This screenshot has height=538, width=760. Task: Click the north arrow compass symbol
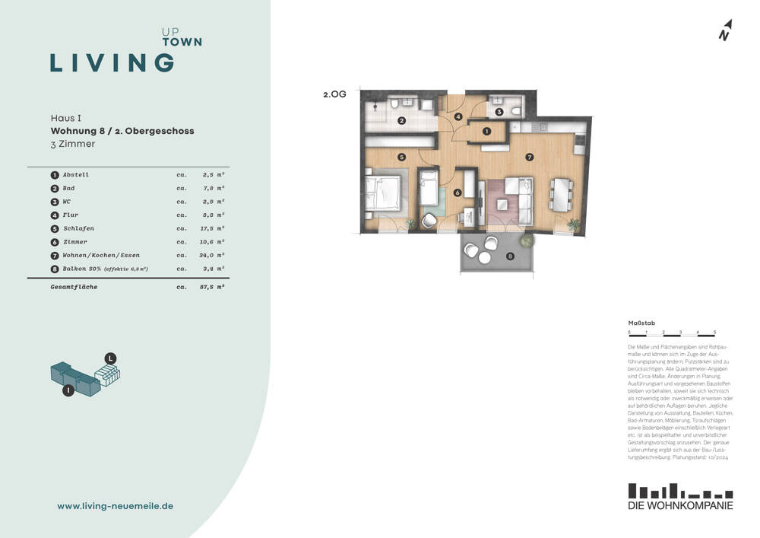tap(725, 30)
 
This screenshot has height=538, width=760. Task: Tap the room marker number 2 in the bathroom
tap(402, 120)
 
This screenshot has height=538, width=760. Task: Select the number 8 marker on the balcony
tap(510, 256)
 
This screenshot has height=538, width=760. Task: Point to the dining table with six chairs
tap(562, 196)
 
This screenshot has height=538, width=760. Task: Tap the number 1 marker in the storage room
tap(486, 132)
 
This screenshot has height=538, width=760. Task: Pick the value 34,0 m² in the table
tap(213, 256)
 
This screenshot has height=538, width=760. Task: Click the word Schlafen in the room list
tap(78, 228)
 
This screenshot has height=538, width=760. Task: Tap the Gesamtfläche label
tap(74, 287)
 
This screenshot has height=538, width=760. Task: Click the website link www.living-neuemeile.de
tap(116, 506)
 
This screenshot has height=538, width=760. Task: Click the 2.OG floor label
tap(334, 96)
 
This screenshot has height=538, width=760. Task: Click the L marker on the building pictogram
tap(110, 358)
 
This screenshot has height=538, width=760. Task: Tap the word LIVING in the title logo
tap(112, 62)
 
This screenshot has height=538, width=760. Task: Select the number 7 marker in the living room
tap(529, 158)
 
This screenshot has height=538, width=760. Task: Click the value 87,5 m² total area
tap(213, 287)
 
